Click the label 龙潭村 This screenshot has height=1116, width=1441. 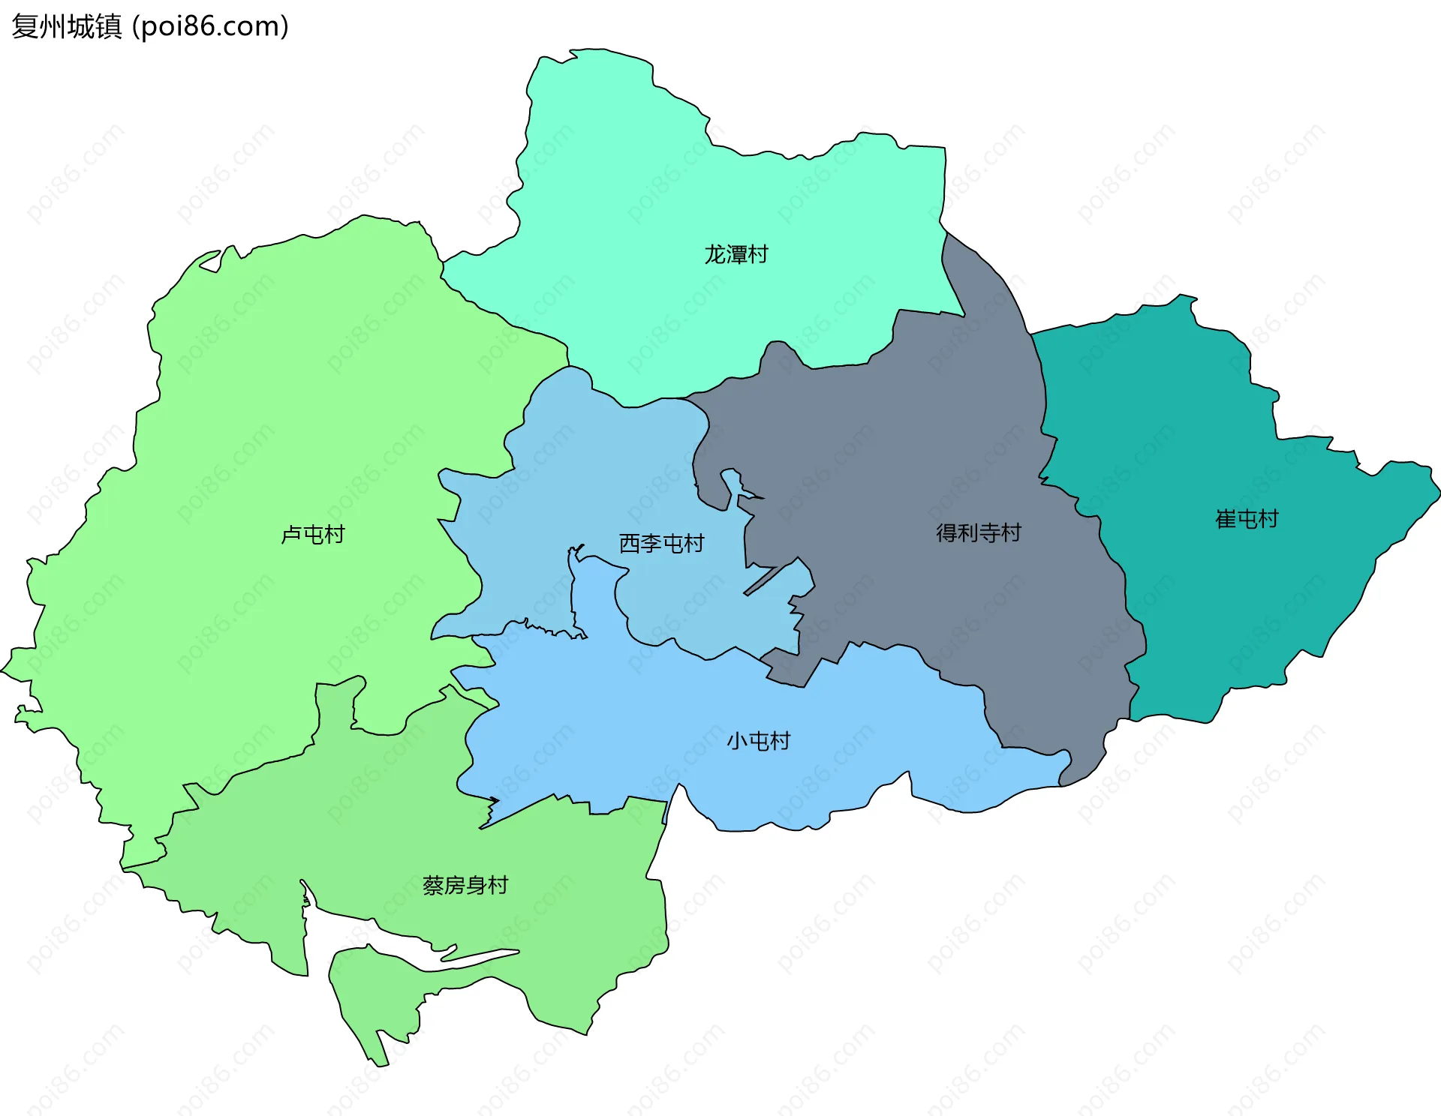point(736,255)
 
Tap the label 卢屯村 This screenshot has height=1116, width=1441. point(312,535)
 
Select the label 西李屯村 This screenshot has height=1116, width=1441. point(661,544)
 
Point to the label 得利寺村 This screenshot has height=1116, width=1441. point(978,533)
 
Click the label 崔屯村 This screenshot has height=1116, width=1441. point(1247,519)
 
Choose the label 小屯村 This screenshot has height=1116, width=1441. point(758,741)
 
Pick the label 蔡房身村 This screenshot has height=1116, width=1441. point(465,886)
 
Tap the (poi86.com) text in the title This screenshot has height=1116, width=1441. point(210,27)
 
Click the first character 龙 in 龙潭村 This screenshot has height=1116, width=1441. point(714,255)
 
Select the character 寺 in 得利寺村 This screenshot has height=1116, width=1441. point(989,533)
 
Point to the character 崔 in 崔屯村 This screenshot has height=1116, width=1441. point(1226,519)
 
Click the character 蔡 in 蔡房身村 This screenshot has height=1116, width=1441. point(434,886)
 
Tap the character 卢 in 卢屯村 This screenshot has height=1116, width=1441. point(291,535)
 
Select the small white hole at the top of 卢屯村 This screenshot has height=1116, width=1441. point(212,262)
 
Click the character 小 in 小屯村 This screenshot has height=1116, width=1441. point(737,741)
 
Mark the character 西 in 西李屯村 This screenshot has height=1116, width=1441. point(629,544)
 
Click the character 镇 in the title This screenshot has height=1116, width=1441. point(108,27)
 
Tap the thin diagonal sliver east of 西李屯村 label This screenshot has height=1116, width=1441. point(762,581)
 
